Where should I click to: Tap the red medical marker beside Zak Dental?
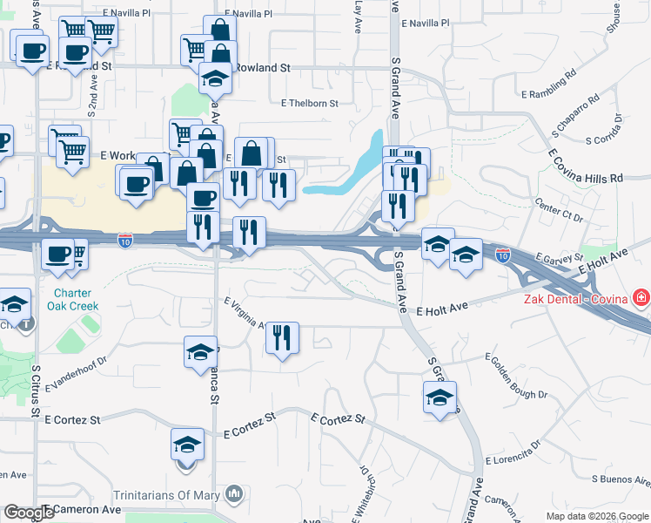[642, 299]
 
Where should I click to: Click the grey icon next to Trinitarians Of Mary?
[233, 495]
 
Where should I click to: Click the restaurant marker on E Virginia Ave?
[282, 337]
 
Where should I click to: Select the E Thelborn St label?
[309, 103]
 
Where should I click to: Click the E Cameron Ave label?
[84, 509]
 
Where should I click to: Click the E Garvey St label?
[557, 259]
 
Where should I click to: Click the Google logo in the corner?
[30, 513]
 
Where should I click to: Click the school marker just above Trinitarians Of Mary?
[187, 445]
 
